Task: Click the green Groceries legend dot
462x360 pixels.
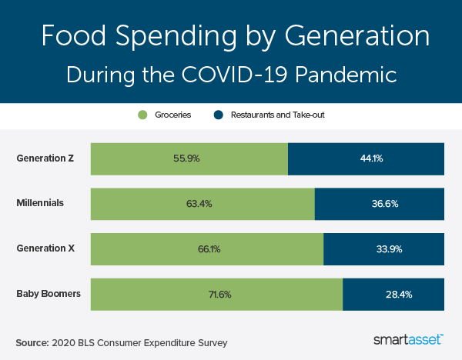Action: pyautogui.click(x=142, y=115)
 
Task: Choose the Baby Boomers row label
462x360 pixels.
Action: pyautogui.click(x=49, y=293)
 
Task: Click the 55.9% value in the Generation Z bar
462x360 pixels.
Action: pyautogui.click(x=189, y=159)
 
